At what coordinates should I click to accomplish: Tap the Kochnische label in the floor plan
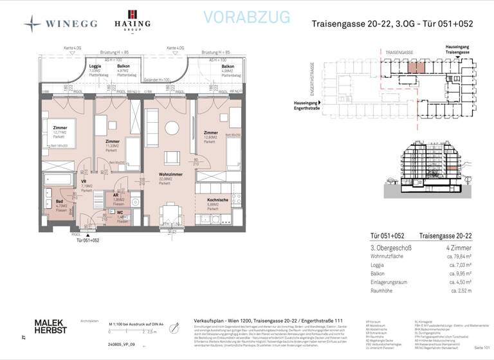pyautogui.click(x=218, y=200)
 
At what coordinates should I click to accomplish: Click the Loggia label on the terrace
pyautogui.click(x=95, y=66)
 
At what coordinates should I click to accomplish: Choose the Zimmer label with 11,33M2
pyautogui.click(x=113, y=141)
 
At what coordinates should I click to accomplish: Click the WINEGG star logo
pyautogui.click(x=32, y=24)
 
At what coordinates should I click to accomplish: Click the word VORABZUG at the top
pyautogui.click(x=246, y=17)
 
